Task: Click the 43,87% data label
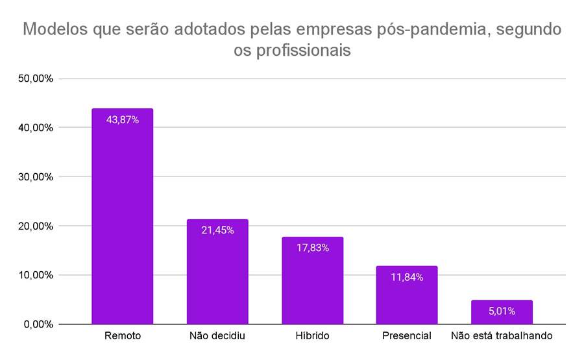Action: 122,120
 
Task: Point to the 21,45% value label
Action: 217,230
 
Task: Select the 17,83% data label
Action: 312,248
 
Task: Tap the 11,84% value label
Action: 407,277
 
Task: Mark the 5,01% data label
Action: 502,311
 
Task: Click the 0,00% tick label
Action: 39,324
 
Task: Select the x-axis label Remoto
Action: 122,336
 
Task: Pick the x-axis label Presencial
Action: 407,336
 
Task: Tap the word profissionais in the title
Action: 309,51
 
